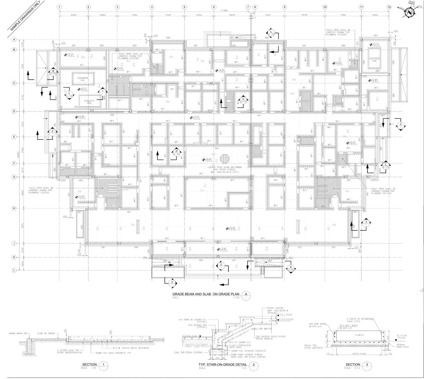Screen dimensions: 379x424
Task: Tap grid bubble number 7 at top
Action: click(x=248, y=7)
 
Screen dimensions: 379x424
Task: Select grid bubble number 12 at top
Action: click(x=389, y=7)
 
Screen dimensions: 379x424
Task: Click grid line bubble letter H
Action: click(x=13, y=208)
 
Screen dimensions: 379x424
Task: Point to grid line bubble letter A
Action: click(x=13, y=40)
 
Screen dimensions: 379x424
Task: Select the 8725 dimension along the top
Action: click(x=304, y=15)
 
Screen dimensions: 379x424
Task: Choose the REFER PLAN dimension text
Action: click(x=358, y=354)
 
